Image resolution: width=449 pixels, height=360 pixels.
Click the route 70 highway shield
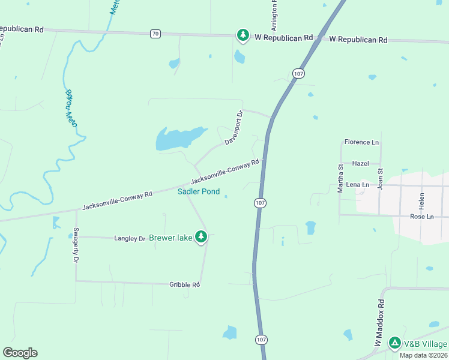coord(155,34)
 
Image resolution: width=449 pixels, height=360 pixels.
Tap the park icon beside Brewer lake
coord(201,238)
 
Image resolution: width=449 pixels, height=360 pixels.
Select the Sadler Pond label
coord(199,192)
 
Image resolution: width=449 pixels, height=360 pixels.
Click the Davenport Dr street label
coord(234,127)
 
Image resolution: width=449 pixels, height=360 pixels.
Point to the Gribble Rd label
coord(184,284)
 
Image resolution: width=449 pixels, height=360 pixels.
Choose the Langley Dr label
coord(130,238)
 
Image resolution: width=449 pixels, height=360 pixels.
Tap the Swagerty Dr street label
coord(76,245)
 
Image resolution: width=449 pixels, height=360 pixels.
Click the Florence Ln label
coord(361,142)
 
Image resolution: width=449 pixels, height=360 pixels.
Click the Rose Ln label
coord(421,217)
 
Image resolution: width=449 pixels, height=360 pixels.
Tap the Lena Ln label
coord(357,184)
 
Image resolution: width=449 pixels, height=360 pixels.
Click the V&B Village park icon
coord(394,343)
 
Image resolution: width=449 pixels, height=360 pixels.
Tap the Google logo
coord(20,352)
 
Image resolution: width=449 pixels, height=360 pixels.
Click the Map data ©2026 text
coord(424,355)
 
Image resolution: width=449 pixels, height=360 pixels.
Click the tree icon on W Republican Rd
coord(243,36)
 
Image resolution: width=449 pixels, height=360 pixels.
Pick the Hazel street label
coord(360,163)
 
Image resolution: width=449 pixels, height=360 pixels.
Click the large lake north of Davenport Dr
coord(178,138)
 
